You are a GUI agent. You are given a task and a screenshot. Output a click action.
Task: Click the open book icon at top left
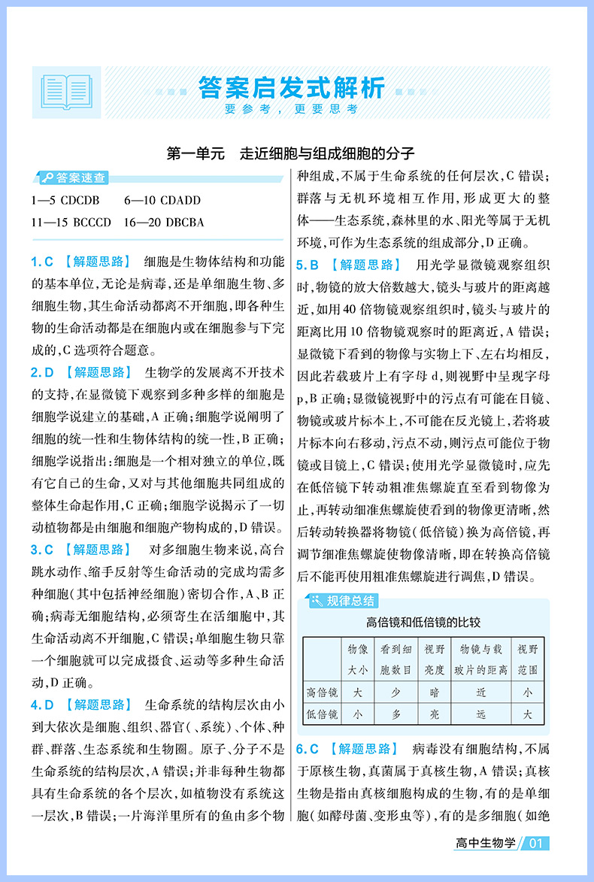pos(66,92)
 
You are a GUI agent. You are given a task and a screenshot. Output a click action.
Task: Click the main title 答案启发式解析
pos(292,87)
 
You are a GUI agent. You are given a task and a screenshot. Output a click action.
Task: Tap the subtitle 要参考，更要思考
pos(292,109)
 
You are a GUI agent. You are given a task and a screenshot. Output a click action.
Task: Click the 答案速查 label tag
pos(73,178)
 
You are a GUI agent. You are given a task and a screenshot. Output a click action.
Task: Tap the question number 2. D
pos(42,372)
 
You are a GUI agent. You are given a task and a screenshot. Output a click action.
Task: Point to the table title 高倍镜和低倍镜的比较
pos(423,622)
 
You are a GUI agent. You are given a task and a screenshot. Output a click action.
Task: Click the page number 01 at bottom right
pos(536,844)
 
